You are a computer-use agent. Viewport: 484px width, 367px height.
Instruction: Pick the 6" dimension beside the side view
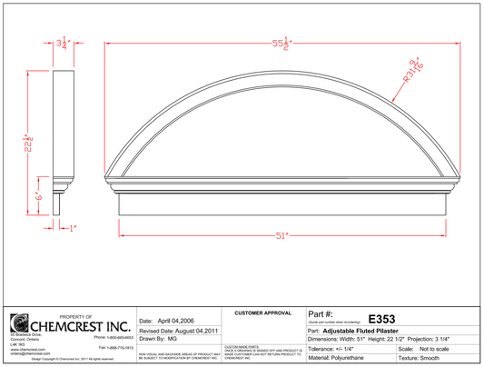(39, 195)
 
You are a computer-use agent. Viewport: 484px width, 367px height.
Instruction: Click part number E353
(381, 319)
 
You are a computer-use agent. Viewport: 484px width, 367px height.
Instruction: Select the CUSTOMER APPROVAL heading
(262, 313)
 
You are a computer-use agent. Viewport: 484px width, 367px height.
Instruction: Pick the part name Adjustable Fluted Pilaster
(366, 330)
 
